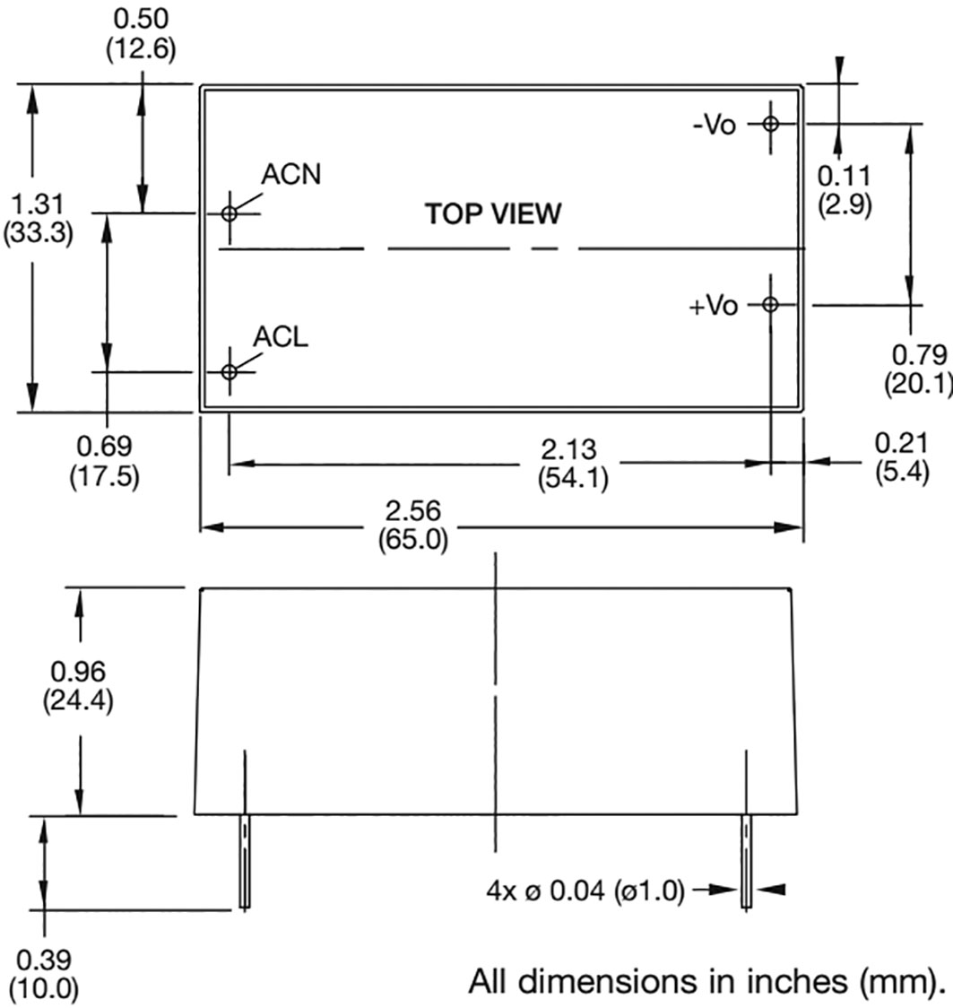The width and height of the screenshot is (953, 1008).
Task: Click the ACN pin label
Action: click(290, 174)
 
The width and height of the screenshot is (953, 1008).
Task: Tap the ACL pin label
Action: click(281, 337)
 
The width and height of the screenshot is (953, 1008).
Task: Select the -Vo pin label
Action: click(714, 124)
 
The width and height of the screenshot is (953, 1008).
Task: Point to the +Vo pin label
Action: click(714, 305)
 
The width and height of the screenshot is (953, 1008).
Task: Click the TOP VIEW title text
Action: click(493, 214)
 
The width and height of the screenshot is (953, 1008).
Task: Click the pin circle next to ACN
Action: click(230, 213)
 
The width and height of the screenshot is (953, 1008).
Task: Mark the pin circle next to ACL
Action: click(230, 371)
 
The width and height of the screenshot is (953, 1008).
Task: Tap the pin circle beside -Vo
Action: click(770, 124)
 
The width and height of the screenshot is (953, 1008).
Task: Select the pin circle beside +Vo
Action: click(770, 304)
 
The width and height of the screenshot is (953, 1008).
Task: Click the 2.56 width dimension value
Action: click(413, 511)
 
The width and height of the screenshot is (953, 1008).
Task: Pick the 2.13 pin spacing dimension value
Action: click(568, 449)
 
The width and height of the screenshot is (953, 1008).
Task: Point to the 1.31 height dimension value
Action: click(39, 204)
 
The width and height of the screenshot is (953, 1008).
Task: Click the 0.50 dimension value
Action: click(141, 19)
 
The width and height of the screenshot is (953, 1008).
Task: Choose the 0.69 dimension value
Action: click(104, 446)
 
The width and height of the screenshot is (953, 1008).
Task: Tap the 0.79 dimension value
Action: click(920, 355)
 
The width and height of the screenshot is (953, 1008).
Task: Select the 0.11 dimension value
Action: click(844, 176)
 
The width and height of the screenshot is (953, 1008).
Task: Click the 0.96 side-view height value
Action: click(78, 672)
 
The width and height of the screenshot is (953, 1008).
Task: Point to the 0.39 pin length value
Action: click(44, 961)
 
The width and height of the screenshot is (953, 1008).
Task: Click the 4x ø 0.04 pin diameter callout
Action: click(585, 891)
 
